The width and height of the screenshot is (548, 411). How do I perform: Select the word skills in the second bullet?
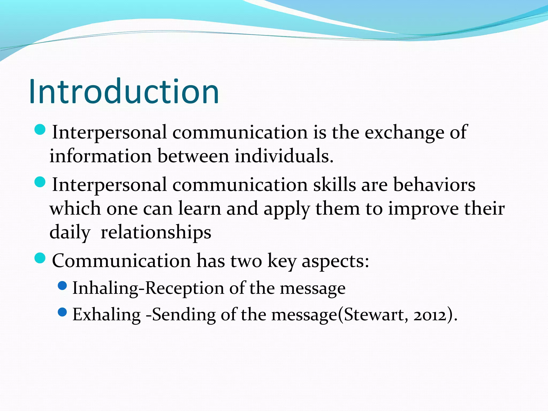[334, 185]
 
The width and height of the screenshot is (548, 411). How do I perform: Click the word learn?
[200, 208]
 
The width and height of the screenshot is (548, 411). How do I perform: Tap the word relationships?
[156, 232]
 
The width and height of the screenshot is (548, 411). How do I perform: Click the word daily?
[70, 232]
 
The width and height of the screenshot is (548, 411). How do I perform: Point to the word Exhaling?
[106, 315]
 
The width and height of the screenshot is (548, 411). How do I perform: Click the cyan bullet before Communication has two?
[40, 258]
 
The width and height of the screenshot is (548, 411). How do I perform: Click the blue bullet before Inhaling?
[62, 286]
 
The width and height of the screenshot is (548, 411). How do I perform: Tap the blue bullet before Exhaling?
[62, 312]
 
